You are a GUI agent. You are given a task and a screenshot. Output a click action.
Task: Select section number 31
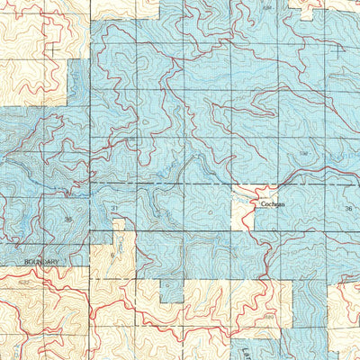coord(115,209)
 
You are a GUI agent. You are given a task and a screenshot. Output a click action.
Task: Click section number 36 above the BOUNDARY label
coord(67,219)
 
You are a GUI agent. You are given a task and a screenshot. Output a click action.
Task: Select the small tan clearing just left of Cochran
coord(240,209)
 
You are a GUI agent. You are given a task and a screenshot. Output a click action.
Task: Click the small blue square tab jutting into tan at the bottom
coord(171,290)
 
